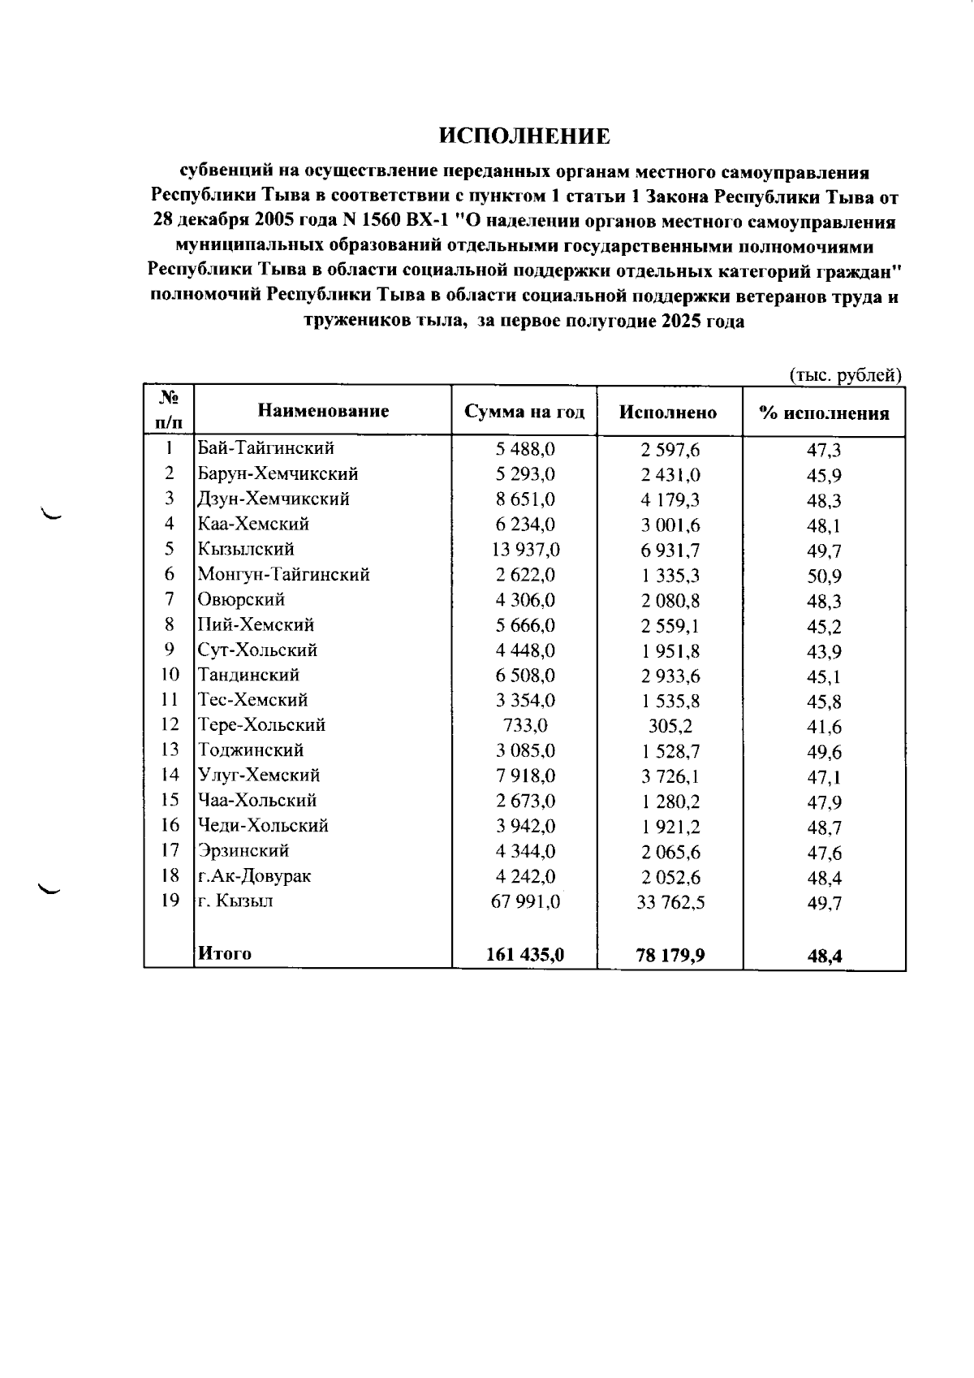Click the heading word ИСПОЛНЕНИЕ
(x=524, y=136)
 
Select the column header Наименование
(x=323, y=411)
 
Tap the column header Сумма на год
(x=524, y=412)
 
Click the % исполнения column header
(x=824, y=413)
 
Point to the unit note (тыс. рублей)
(x=846, y=375)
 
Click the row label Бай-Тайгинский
(x=266, y=448)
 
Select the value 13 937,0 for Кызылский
(x=525, y=550)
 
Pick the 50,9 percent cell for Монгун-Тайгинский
(x=824, y=576)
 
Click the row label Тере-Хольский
(x=262, y=724)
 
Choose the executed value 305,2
(x=670, y=727)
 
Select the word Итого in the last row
(x=225, y=953)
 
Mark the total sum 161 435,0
(x=525, y=955)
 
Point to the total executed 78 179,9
(x=670, y=956)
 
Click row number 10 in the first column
(x=170, y=675)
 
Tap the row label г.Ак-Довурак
(x=254, y=875)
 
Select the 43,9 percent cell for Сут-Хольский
(x=824, y=651)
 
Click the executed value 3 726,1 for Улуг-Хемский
(x=670, y=776)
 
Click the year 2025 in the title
(x=679, y=322)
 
